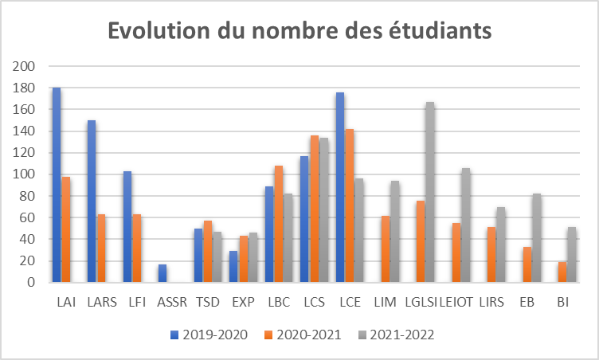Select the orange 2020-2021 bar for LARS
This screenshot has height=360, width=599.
(x=101, y=248)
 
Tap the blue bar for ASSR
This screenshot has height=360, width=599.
(x=163, y=273)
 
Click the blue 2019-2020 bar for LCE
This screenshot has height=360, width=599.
(x=340, y=187)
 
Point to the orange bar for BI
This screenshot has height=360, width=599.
(x=562, y=272)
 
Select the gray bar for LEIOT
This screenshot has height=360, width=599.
(x=465, y=225)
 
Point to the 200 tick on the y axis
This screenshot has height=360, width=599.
(x=25, y=66)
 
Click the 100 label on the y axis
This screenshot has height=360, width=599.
(x=25, y=174)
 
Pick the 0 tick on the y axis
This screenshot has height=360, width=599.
(x=30, y=282)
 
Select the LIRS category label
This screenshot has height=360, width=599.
(x=491, y=303)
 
